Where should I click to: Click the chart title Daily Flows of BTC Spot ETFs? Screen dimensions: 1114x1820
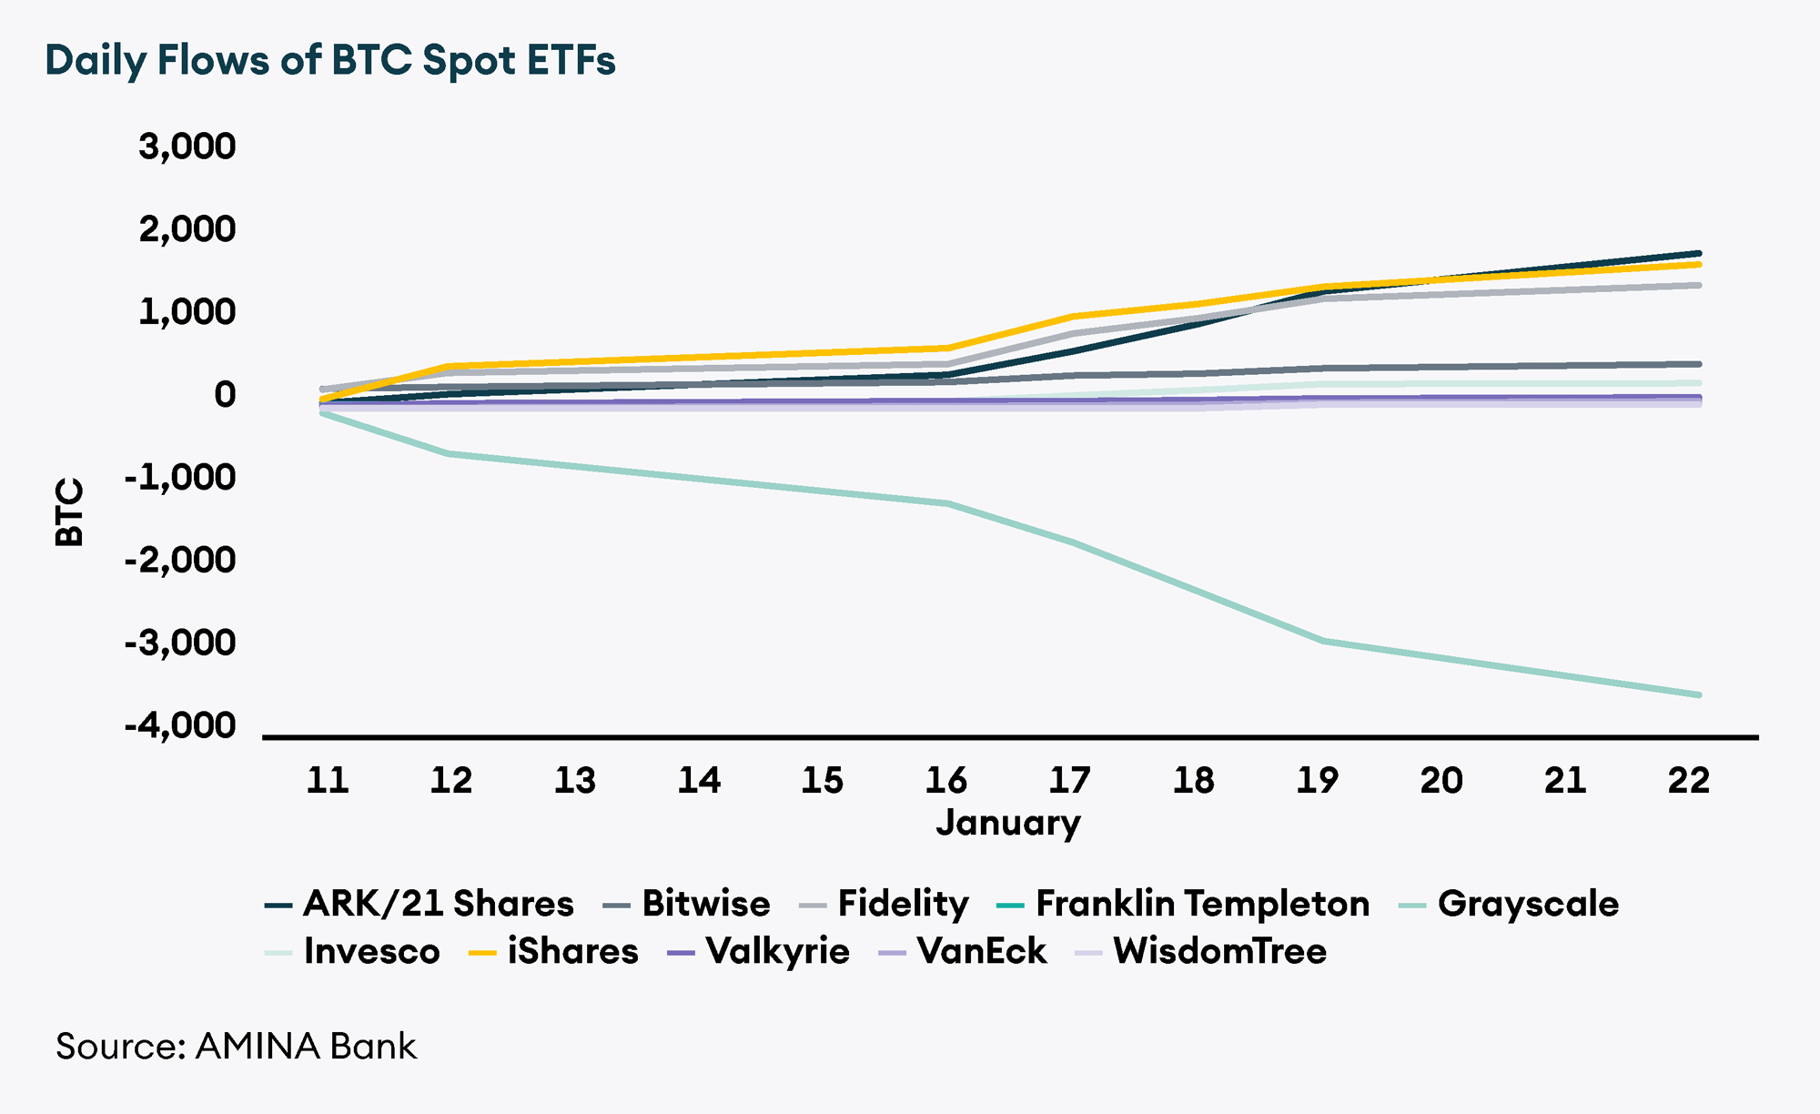[x=330, y=61]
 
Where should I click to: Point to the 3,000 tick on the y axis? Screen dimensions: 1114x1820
[x=187, y=146]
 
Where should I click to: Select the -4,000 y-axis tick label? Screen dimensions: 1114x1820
[x=180, y=725]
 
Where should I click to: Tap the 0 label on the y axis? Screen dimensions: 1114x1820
[x=224, y=394]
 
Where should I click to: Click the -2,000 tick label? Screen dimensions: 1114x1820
[x=180, y=560]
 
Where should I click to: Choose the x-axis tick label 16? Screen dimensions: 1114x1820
[x=945, y=780]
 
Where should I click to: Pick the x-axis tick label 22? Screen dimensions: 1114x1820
[x=1688, y=780]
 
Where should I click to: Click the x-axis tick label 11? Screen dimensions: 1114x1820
[x=327, y=780]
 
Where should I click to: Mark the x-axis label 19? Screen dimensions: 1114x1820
[x=1317, y=780]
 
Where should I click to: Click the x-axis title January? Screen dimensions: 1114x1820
[x=1007, y=822]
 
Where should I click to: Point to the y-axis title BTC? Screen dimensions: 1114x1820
[x=69, y=512]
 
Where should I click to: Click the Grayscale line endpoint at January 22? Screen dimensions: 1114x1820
[x=1698, y=694]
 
